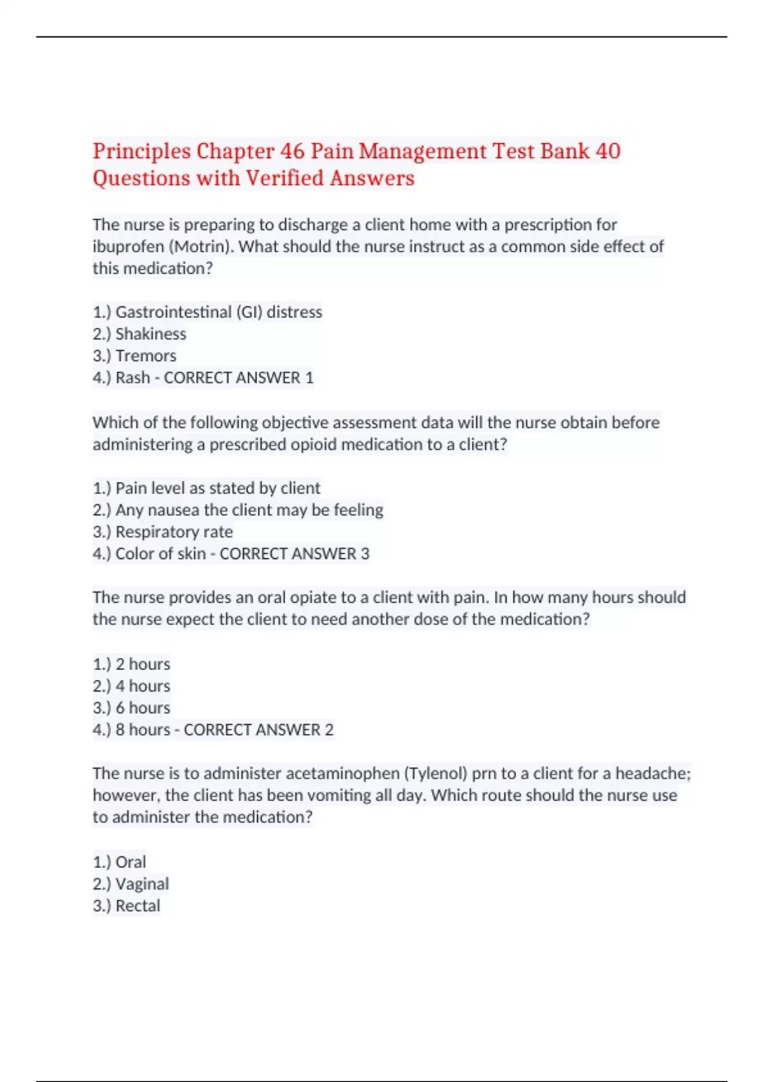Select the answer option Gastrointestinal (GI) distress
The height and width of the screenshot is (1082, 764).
208,312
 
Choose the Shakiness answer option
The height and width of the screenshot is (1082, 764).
139,334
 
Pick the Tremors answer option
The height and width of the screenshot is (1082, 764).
134,356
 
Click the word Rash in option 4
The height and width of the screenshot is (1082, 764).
132,377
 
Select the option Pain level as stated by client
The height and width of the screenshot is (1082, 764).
206,488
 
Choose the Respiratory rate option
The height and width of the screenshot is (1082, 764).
162,532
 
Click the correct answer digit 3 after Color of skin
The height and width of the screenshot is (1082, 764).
365,554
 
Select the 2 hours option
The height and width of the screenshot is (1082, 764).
131,664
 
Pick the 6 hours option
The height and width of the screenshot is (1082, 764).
131,708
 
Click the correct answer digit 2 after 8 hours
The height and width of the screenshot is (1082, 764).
329,730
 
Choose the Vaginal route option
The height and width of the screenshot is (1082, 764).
131,884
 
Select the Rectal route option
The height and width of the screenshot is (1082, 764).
126,906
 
